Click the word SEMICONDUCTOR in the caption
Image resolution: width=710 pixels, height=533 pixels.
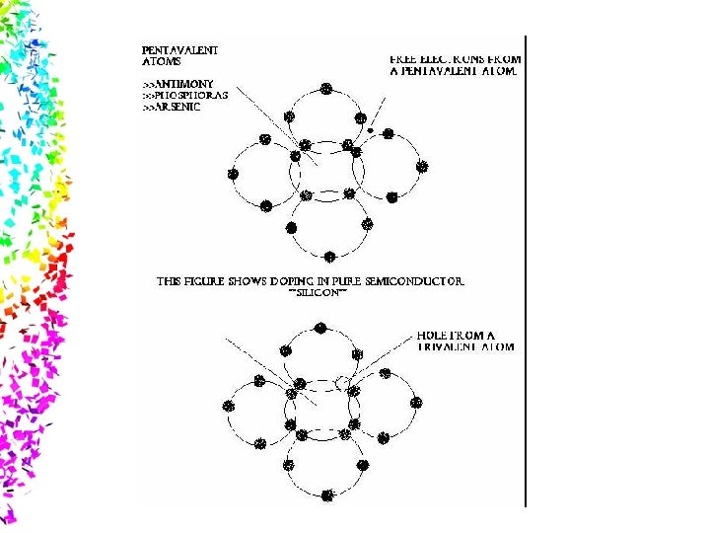pyautogui.click(x=413, y=281)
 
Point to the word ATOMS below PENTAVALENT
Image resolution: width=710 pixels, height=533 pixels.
pyautogui.click(x=162, y=60)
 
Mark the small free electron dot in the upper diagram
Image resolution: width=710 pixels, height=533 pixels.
pyautogui.click(x=370, y=129)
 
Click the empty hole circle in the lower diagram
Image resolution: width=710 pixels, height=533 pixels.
pyautogui.click(x=343, y=382)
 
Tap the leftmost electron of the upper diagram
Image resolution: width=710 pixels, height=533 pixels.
pyautogui.click(x=233, y=174)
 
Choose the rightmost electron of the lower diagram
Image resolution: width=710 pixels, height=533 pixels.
pyautogui.click(x=416, y=403)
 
